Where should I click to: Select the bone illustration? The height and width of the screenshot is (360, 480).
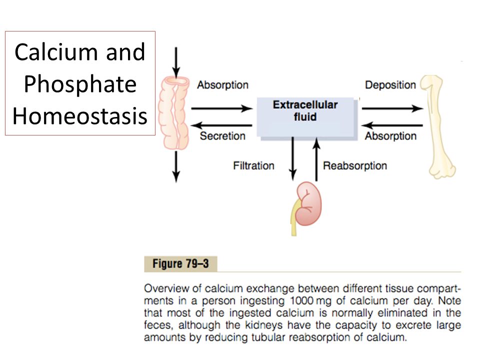tap(438, 126)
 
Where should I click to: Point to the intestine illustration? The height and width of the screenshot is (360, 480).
tap(173, 113)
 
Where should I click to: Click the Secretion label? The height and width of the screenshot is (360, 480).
tap(222, 136)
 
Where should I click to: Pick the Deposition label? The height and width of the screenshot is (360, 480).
tap(390, 85)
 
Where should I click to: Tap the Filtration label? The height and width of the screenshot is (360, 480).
tap(253, 165)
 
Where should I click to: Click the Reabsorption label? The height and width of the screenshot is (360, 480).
tap(355, 165)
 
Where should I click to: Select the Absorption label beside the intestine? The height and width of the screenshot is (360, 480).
tap(222, 85)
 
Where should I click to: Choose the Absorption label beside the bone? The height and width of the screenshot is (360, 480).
tap(390, 136)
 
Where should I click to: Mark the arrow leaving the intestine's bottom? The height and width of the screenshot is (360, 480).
tap(176, 167)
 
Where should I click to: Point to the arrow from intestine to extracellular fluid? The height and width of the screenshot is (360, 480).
tap(222, 108)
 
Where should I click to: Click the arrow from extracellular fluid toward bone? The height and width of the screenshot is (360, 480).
tap(392, 108)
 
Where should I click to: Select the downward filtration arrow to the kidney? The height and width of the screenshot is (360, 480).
tap(293, 159)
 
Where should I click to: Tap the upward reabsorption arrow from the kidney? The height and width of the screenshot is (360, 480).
tap(316, 159)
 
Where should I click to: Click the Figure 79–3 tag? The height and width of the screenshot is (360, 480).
tap(180, 263)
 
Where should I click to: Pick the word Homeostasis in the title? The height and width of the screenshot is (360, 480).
tap(80, 116)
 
